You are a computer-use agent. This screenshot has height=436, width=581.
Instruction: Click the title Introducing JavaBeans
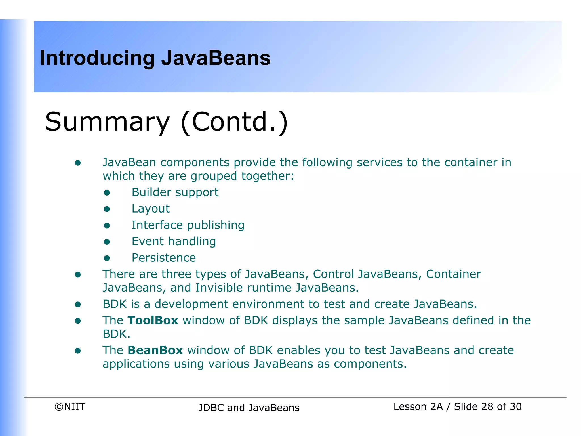click(x=155, y=58)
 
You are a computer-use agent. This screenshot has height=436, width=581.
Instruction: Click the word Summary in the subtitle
click(x=107, y=122)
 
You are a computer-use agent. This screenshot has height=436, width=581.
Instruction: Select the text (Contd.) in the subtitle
click(x=234, y=122)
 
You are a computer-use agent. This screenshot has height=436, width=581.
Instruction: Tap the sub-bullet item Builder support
click(x=175, y=192)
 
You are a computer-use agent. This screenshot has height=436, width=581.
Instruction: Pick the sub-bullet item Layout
click(x=151, y=209)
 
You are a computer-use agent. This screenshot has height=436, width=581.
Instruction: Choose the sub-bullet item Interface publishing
click(x=188, y=225)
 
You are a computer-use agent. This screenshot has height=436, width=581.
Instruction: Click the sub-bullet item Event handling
click(x=174, y=242)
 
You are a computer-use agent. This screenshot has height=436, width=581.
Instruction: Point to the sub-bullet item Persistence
click(x=164, y=258)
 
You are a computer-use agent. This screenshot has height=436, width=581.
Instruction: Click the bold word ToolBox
click(x=153, y=320)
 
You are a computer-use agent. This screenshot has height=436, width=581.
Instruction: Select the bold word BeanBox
click(x=155, y=351)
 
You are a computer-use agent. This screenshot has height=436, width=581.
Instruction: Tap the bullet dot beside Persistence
click(x=107, y=258)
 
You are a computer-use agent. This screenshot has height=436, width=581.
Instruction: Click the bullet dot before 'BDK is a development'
click(x=78, y=305)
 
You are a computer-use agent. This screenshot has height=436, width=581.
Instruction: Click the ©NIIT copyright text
click(x=70, y=407)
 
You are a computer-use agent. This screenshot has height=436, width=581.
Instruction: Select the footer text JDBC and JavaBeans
click(x=249, y=408)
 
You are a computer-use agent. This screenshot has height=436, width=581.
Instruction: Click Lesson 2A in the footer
click(x=418, y=407)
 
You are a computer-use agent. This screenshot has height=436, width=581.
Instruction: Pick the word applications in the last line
click(x=136, y=364)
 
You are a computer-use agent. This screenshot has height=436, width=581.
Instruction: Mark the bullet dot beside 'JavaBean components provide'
click(x=78, y=163)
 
